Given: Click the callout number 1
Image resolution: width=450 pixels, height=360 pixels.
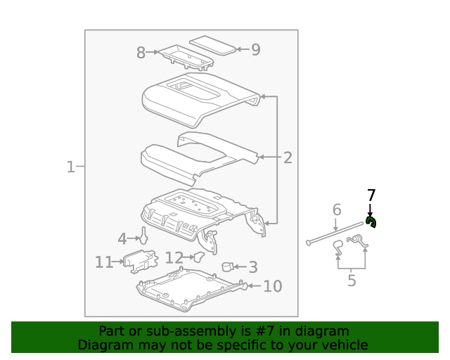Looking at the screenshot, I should pyautogui.click(x=70, y=167).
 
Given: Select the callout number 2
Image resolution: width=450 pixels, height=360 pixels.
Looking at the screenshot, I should pyautogui.click(x=287, y=158).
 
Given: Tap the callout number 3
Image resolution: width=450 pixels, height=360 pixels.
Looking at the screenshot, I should pyautogui.click(x=252, y=267).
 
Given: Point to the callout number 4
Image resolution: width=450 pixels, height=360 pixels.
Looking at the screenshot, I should pyautogui.click(x=122, y=239).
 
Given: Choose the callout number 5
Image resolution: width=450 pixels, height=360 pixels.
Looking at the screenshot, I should pyautogui.click(x=352, y=281).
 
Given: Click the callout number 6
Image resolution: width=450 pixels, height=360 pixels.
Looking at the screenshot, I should pyautogui.click(x=336, y=210).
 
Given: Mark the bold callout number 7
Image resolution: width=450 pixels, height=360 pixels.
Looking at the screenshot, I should pyautogui.click(x=371, y=195).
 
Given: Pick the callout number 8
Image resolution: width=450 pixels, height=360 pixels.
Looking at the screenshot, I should pyautogui.click(x=141, y=53).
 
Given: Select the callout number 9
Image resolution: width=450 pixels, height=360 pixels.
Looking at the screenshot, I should pyautogui.click(x=255, y=49).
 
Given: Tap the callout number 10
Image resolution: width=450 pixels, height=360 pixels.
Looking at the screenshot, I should pyautogui.click(x=272, y=286).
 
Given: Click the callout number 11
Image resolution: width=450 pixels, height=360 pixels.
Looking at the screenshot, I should pyautogui.click(x=104, y=262).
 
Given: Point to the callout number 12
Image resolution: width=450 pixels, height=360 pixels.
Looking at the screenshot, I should pyautogui.click(x=174, y=258).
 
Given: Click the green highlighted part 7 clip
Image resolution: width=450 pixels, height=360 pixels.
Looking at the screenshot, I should pyautogui.click(x=371, y=223).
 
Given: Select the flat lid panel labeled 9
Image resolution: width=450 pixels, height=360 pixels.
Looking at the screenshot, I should pyautogui.click(x=214, y=45).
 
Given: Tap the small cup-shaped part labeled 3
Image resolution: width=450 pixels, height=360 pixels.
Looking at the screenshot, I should pyautogui.click(x=228, y=266).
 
